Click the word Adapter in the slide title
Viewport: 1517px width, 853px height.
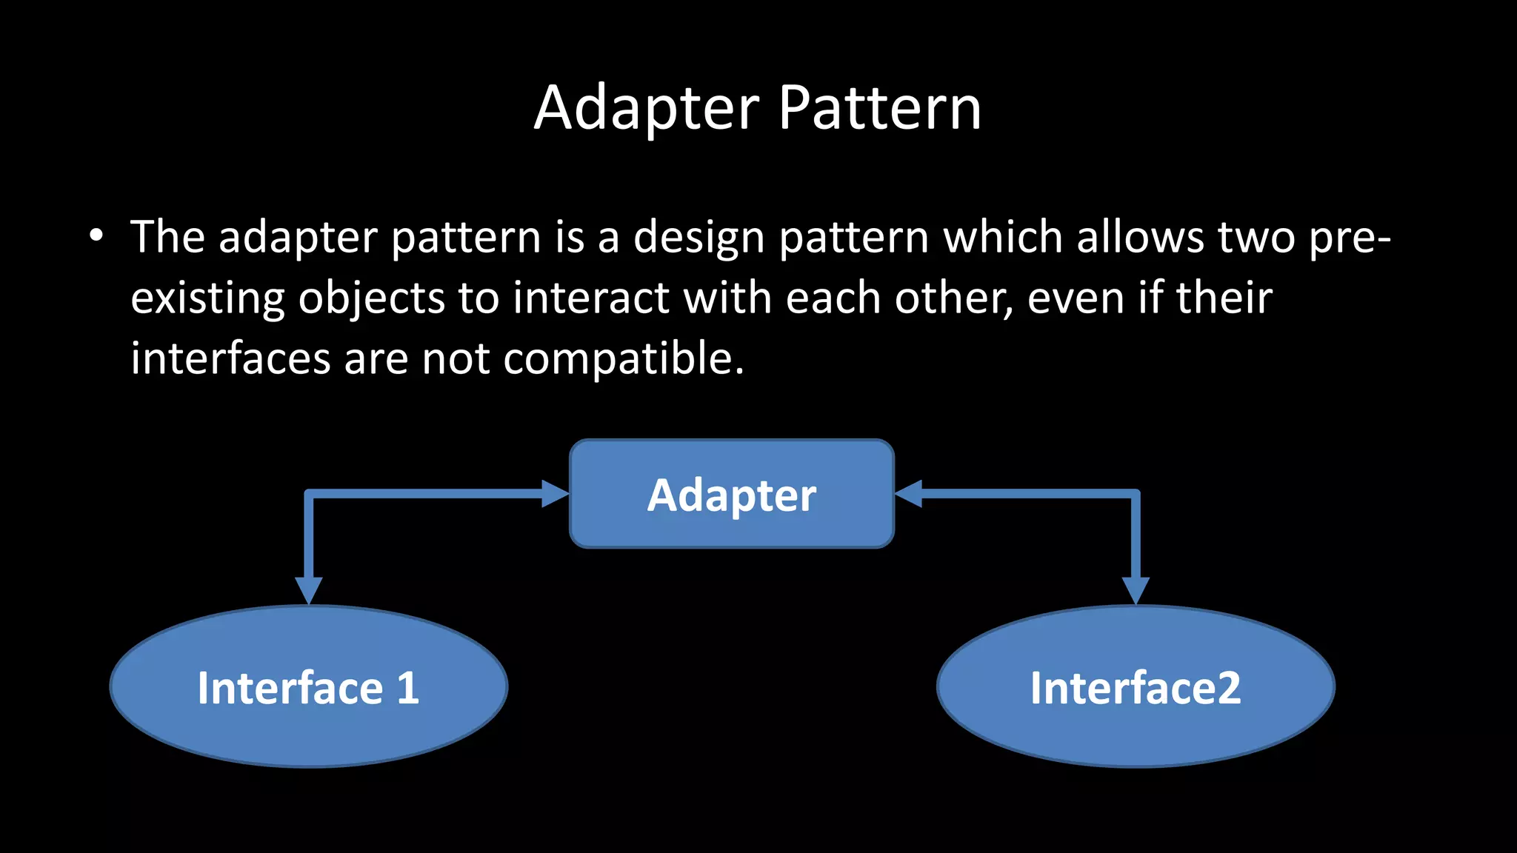coord(646,108)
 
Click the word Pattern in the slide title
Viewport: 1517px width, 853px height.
coord(880,108)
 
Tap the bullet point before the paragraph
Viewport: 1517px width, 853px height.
coord(96,236)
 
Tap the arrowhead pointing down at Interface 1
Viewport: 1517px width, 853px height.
coord(308,590)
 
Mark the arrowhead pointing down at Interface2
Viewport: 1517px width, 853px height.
coord(1136,590)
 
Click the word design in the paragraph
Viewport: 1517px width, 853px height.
coord(699,238)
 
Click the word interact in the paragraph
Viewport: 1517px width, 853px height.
coord(591,298)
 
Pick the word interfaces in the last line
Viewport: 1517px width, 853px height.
coord(230,358)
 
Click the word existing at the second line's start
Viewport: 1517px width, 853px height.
coord(207,299)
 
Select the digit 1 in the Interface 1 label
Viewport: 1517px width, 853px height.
coord(408,688)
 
